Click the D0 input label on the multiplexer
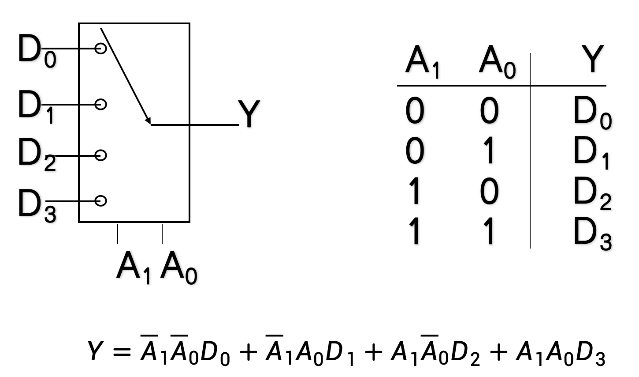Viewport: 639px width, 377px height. pyautogui.click(x=36, y=51)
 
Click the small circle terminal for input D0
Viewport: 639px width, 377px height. pyautogui.click(x=101, y=48)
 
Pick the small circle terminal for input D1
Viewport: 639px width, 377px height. pyautogui.click(x=101, y=105)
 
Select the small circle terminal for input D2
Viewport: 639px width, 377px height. pyautogui.click(x=101, y=155)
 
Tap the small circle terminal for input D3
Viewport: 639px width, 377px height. pyautogui.click(x=101, y=201)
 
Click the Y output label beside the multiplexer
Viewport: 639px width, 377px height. pyautogui.click(x=249, y=114)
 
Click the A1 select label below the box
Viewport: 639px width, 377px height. pyautogui.click(x=134, y=268)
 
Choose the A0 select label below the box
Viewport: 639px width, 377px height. pyautogui.click(x=178, y=268)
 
